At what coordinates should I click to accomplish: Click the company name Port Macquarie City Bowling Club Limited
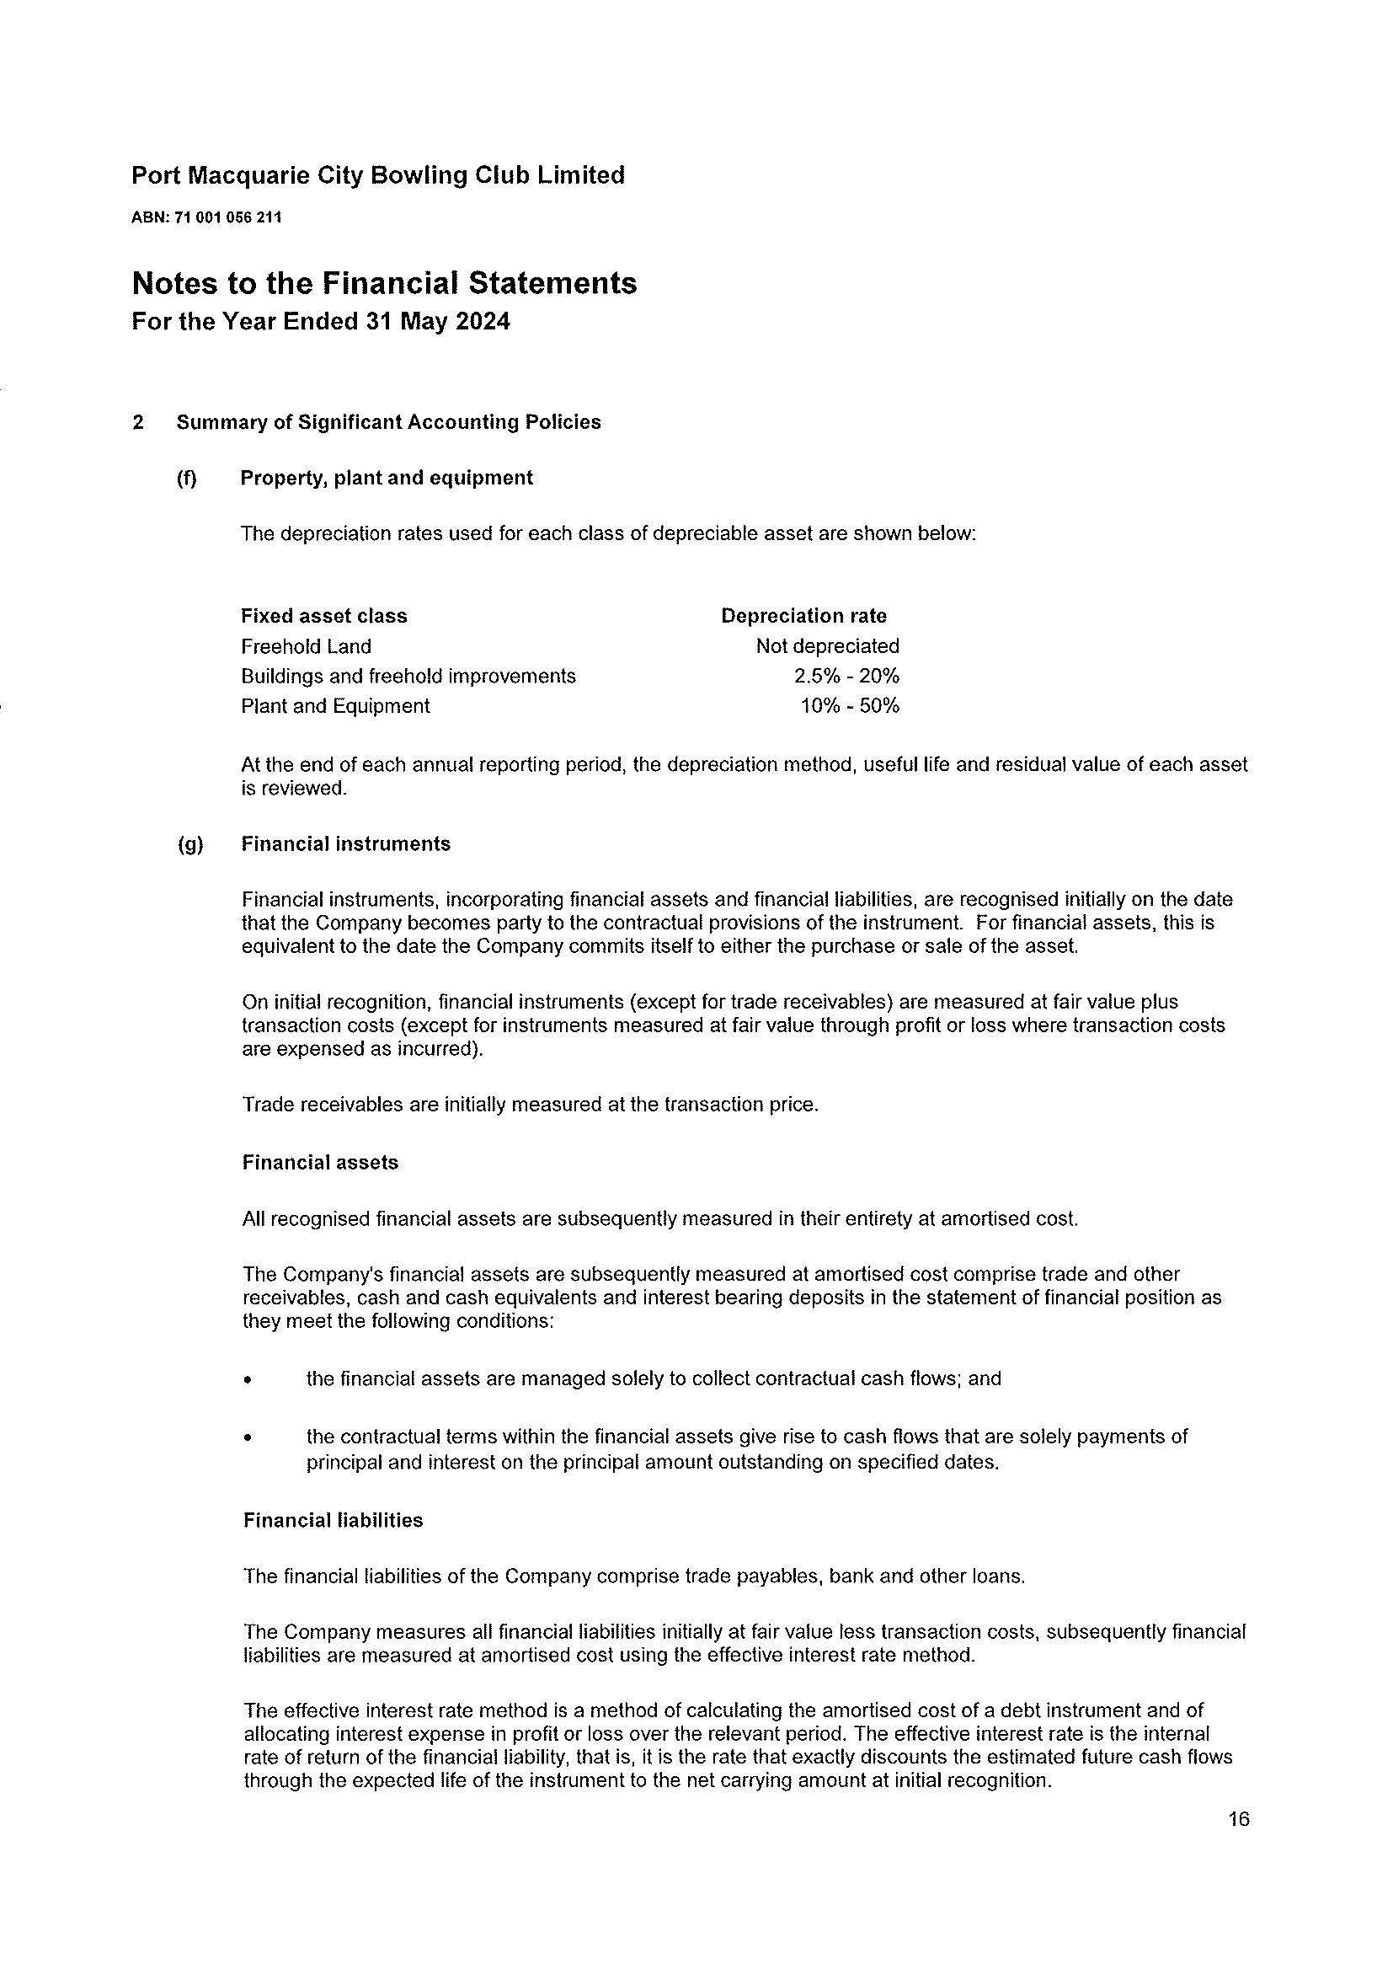pos(377,175)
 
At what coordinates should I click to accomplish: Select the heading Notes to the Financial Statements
pos(383,283)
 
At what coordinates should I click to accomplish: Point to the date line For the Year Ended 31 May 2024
pos(320,322)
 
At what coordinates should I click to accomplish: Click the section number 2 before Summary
pos(137,422)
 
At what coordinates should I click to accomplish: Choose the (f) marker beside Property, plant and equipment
pos(186,479)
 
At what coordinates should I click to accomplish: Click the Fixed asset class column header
pos(323,616)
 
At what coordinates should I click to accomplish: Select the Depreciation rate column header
pos(803,616)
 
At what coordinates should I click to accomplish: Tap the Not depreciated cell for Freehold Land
pos(827,646)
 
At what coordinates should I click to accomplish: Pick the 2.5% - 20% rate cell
pos(846,676)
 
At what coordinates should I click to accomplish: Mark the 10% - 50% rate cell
pos(850,706)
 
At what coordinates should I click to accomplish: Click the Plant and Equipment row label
pos(334,706)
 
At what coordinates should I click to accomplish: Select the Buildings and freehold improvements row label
pos(408,676)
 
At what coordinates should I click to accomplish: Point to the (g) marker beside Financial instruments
pos(190,844)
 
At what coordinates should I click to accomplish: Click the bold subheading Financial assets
pos(320,1163)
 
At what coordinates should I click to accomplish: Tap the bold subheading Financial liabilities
pos(333,1520)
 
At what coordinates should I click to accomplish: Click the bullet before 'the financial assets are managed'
pos(248,1380)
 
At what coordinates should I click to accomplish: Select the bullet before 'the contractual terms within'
pos(248,1437)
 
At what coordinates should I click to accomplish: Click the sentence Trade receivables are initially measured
pos(530,1105)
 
